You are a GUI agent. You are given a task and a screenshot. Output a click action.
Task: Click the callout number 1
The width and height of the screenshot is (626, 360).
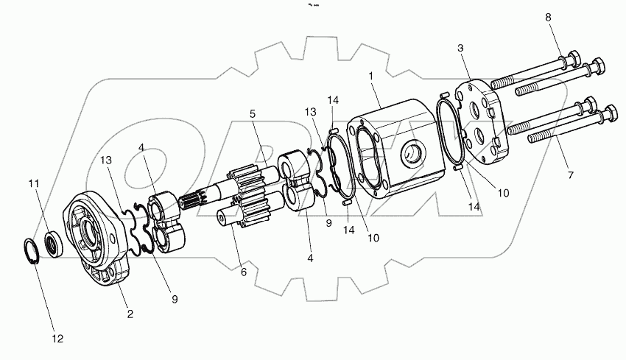point(371,77)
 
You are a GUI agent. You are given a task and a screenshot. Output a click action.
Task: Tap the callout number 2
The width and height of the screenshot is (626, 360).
point(130,314)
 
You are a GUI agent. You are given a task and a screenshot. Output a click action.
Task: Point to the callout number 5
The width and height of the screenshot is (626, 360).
point(253,114)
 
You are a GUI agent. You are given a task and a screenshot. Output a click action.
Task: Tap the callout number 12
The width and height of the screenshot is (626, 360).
point(57,339)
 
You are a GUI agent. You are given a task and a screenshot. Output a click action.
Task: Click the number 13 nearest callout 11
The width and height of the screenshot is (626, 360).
point(107,160)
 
